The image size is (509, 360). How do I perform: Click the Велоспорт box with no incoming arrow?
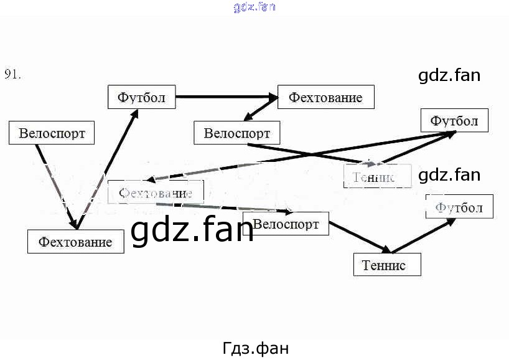tap(52, 133)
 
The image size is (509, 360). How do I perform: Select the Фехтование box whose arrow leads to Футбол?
tap(75, 241)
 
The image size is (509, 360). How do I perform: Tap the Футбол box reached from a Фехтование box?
tap(142, 98)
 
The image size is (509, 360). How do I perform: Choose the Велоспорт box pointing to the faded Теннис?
tap(237, 133)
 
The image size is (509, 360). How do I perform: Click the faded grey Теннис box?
tap(378, 176)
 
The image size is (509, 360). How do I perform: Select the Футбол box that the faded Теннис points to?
tap(454, 120)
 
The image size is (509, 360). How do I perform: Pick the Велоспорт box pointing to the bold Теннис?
tap(286, 224)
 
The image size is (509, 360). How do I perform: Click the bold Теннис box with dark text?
tap(387, 265)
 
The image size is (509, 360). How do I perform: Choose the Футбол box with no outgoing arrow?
tap(459, 207)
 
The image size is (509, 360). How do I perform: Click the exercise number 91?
tap(13, 74)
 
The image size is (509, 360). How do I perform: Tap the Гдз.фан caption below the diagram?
tap(255, 347)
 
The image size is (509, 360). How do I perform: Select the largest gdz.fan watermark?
tap(192, 231)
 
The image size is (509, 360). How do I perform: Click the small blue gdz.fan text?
tap(254, 7)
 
